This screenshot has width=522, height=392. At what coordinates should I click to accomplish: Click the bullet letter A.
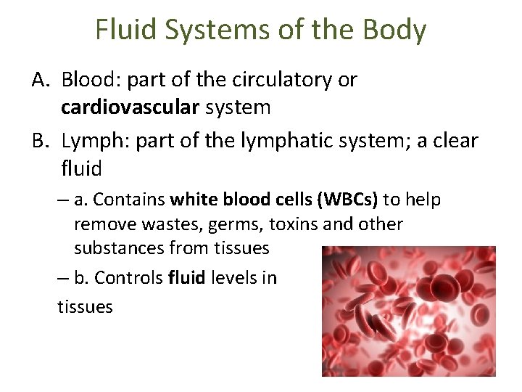pyautogui.click(x=40, y=79)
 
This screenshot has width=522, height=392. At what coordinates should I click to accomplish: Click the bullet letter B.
pyautogui.click(x=40, y=140)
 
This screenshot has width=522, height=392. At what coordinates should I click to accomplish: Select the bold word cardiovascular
pyautogui.click(x=130, y=108)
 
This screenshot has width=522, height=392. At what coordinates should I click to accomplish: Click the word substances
pyautogui.click(x=119, y=248)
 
